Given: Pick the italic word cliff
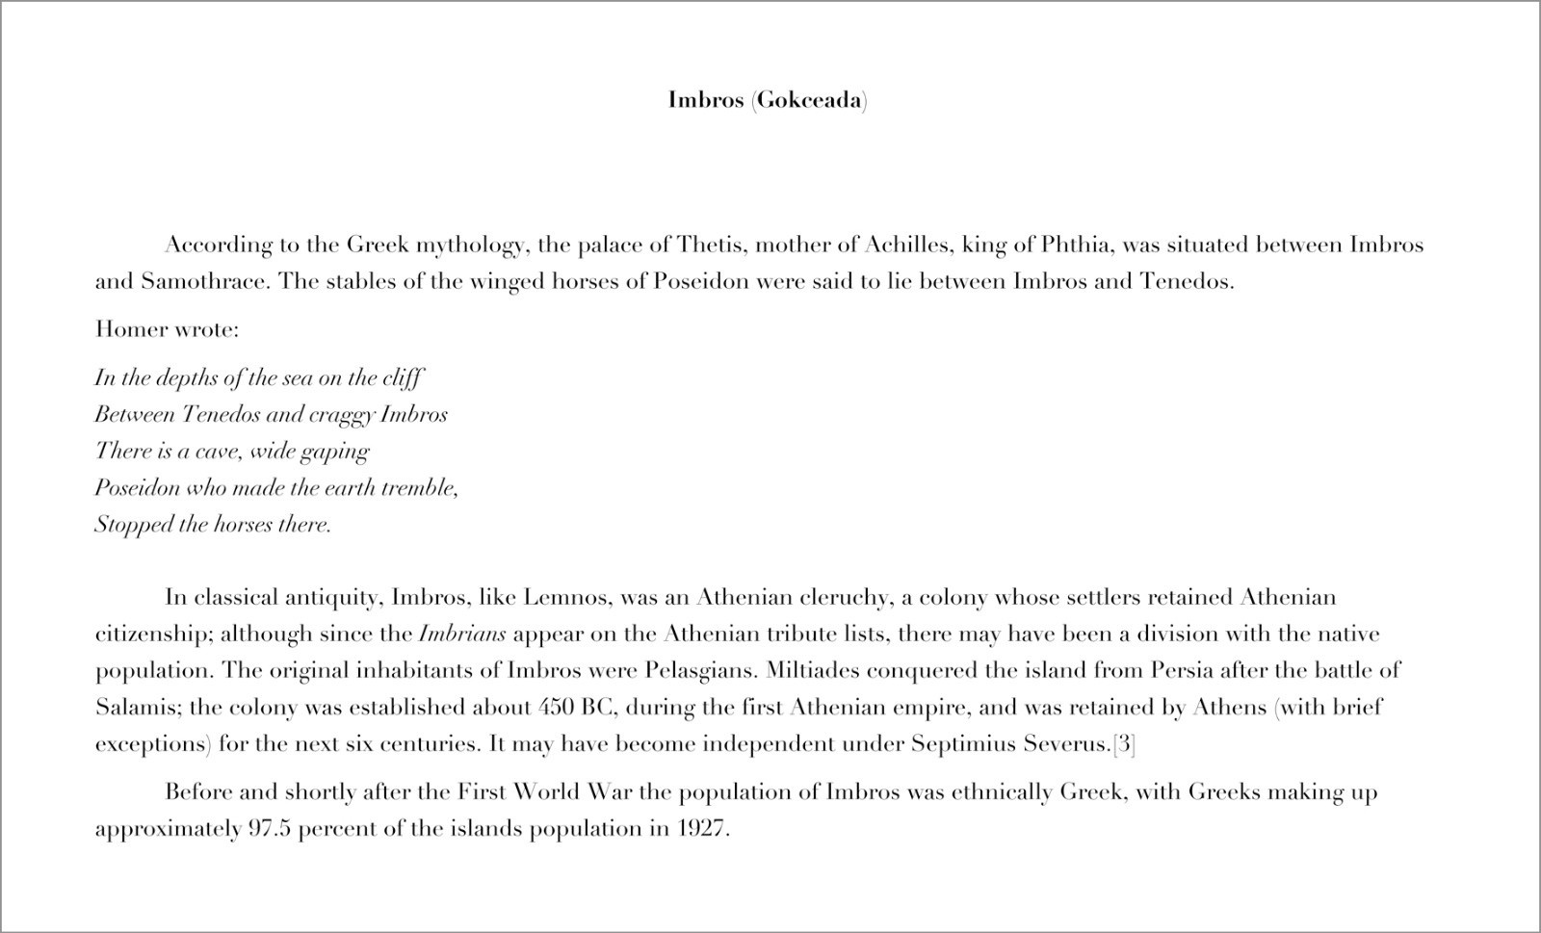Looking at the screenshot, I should click(x=402, y=377).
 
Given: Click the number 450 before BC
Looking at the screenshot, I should click(x=556, y=708).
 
